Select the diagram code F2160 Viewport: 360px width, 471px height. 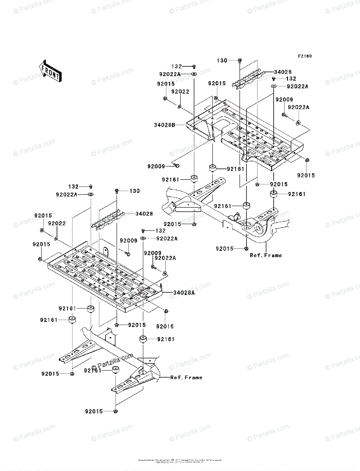(304, 56)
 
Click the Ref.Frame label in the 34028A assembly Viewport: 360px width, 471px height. (186, 377)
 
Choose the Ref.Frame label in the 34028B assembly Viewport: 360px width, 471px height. (266, 255)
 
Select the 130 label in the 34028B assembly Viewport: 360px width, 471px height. (222, 60)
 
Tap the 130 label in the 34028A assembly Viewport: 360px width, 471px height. (135, 191)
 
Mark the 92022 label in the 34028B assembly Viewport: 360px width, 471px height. (179, 91)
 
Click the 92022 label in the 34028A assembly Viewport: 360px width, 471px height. (57, 223)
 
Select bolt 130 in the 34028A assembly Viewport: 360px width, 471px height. (117, 191)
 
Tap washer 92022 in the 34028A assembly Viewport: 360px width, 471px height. (57, 238)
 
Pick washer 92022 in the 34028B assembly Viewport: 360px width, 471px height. (179, 106)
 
